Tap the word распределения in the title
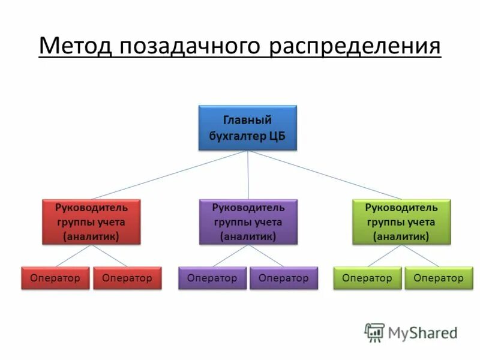tap(355, 46)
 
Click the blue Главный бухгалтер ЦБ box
tap(248, 128)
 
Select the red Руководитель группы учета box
tap(91, 222)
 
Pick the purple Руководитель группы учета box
tap(248, 222)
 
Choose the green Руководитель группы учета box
tap(401, 222)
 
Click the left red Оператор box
tap(55, 278)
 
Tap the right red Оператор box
tap(127, 278)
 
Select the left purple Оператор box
tap(212, 278)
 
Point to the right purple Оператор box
tap(284, 278)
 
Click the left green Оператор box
tap(367, 278)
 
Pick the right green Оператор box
tap(439, 278)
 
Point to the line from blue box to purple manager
tap(248, 175)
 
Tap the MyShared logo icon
tap(374, 332)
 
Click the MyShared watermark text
tap(422, 332)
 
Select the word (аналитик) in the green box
tap(401, 236)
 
